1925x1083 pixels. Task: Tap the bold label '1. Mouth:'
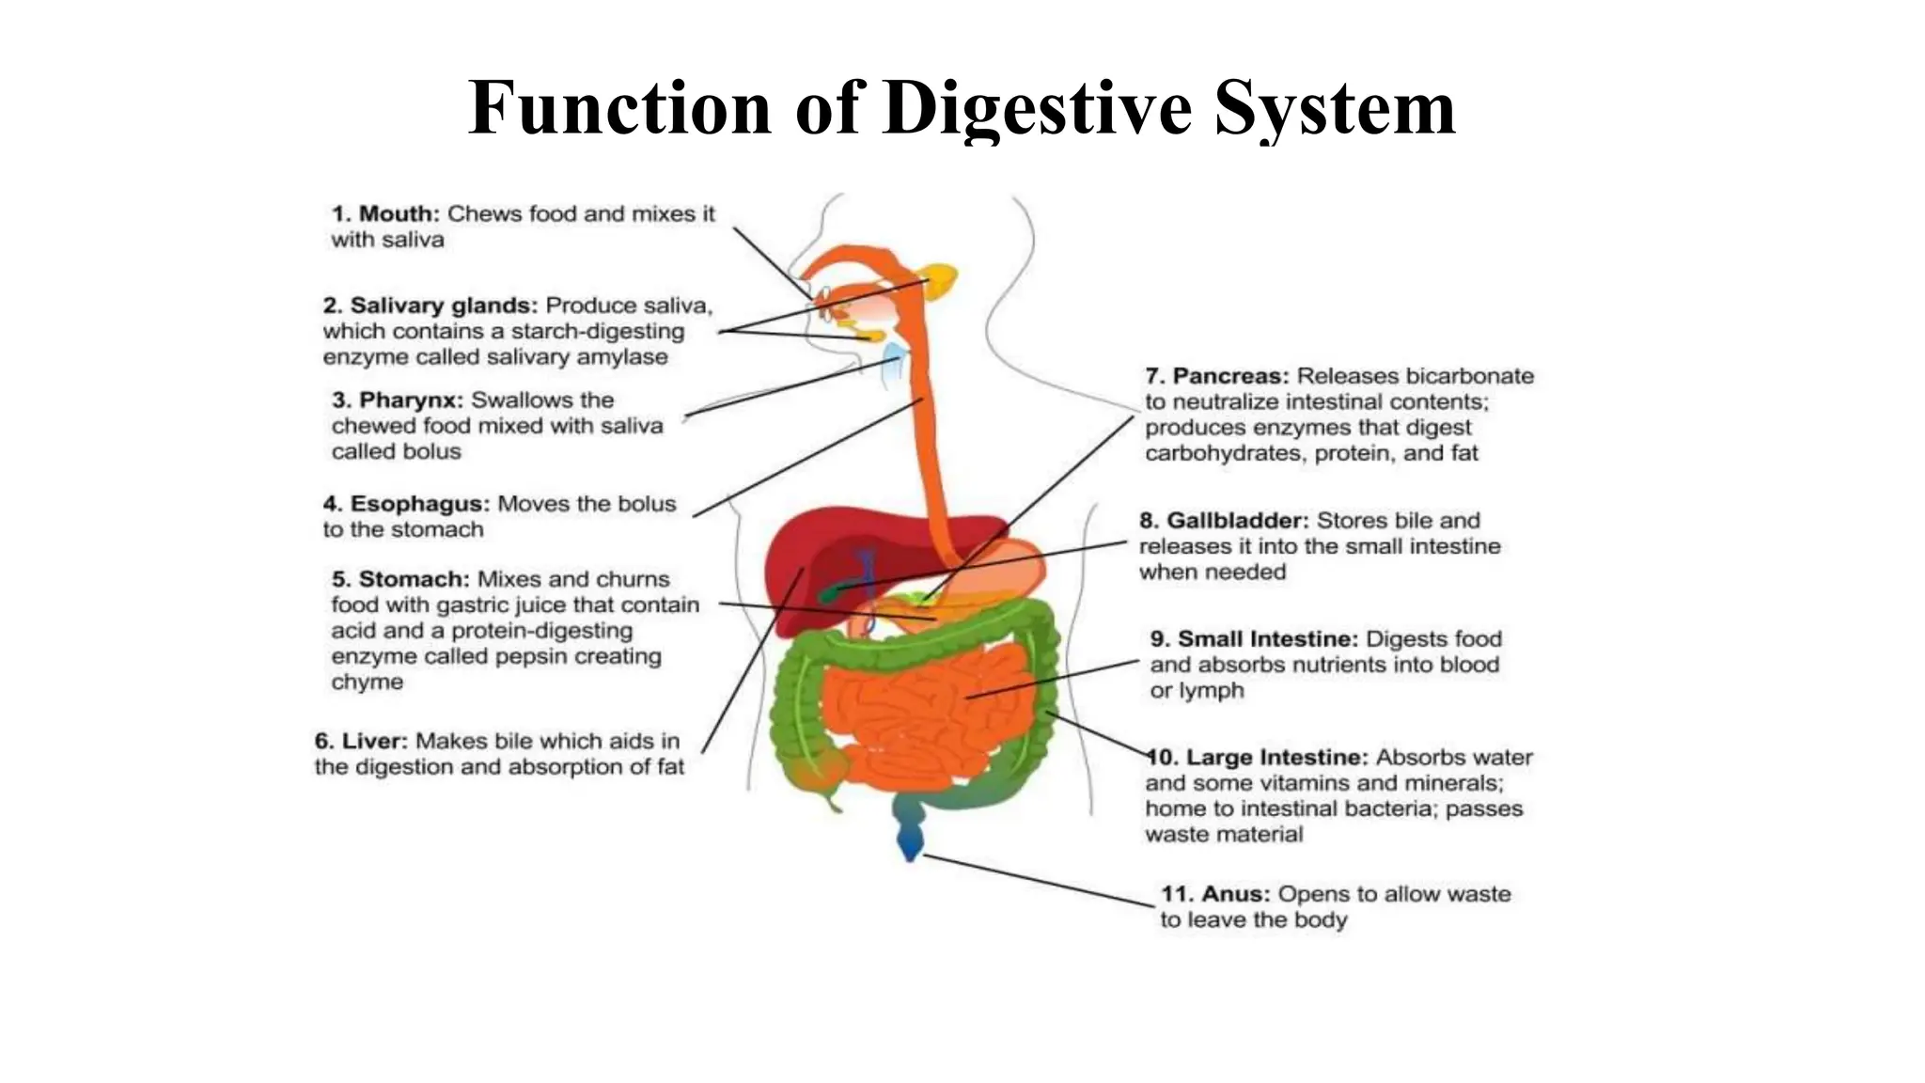385,214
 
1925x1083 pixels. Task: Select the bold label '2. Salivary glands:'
430,306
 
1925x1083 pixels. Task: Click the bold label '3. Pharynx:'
398,400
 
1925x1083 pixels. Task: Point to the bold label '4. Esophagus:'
406,504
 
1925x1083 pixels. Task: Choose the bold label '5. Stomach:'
399,579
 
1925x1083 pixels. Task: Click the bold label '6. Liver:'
362,741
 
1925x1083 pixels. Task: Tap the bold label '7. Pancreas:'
1217,376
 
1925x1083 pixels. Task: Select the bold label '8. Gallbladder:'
1224,521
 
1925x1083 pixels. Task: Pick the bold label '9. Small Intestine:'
1254,639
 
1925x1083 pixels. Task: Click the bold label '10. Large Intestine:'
1258,758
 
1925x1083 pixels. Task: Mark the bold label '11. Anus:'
1215,894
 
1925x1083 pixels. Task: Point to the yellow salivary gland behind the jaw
941,279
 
